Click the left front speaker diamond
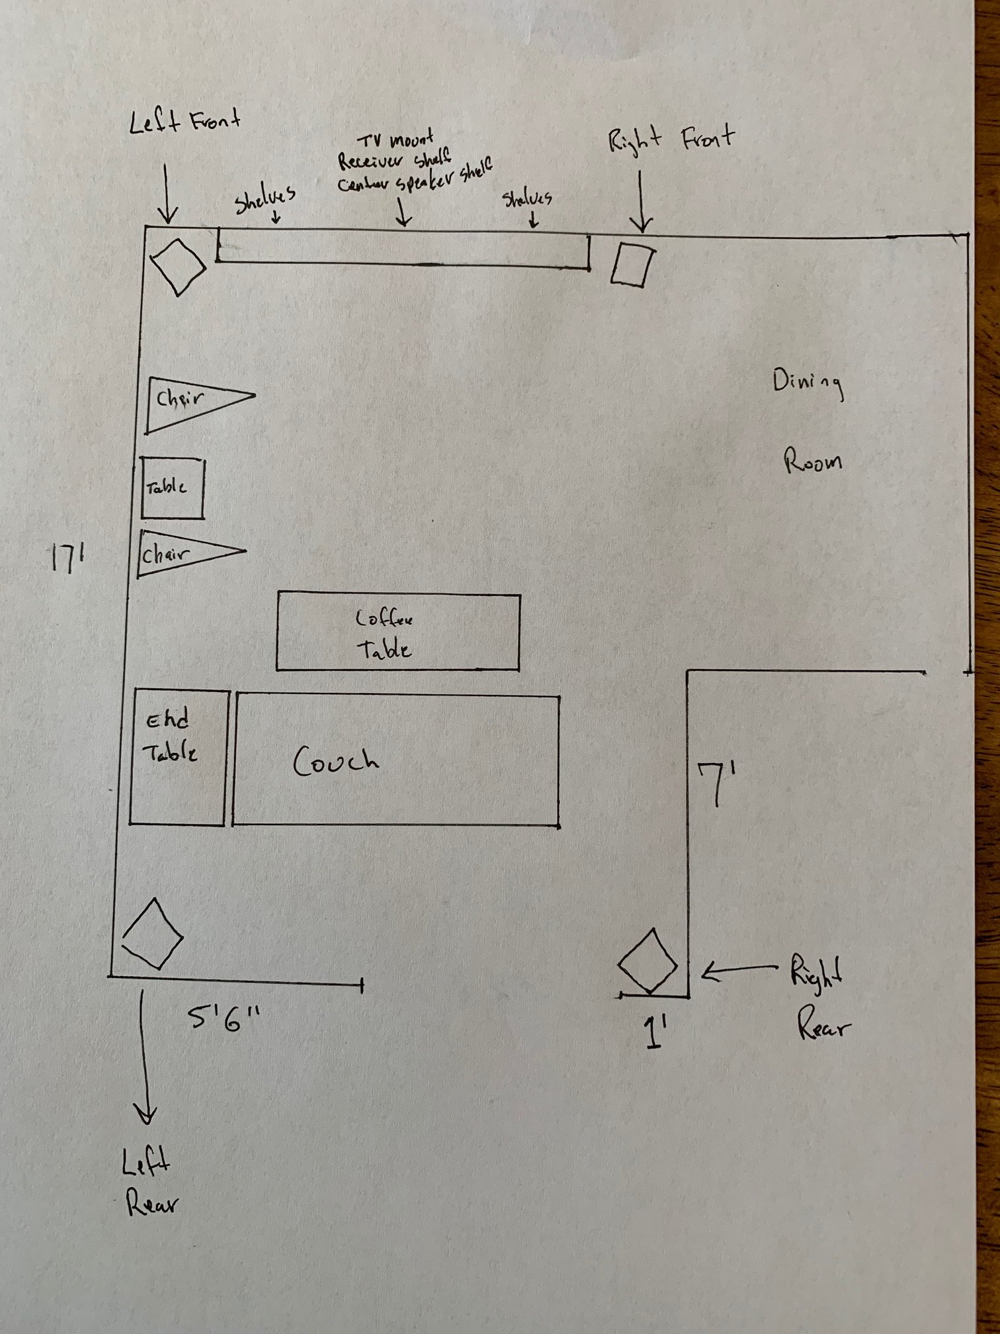[x=177, y=267]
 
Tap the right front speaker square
[x=632, y=265]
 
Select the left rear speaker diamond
[x=152, y=934]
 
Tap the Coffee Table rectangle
[x=398, y=633]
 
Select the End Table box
[x=178, y=757]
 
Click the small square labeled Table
[x=173, y=488]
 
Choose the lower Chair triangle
[x=185, y=553]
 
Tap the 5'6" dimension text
[x=224, y=1020]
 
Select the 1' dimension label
[x=654, y=1034]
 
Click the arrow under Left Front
[x=167, y=193]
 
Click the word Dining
[x=808, y=384]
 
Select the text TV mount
[x=395, y=141]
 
